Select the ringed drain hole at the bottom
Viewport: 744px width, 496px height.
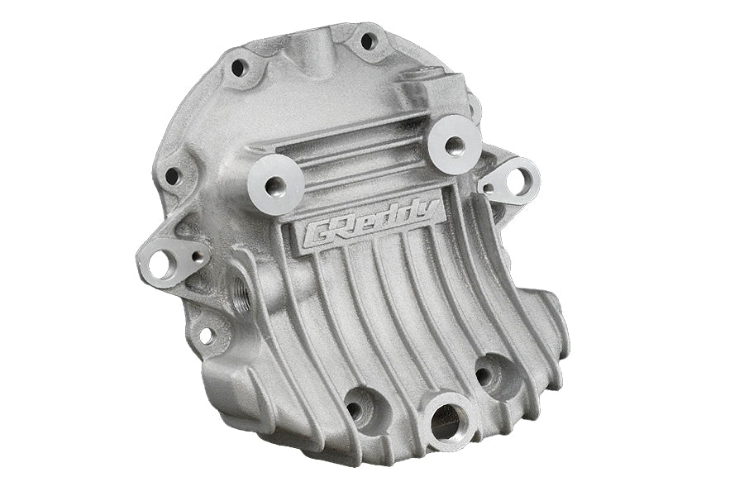tap(446, 424)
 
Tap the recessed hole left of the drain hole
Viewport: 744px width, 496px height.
tap(359, 406)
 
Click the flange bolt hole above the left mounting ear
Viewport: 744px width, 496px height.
tap(172, 176)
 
